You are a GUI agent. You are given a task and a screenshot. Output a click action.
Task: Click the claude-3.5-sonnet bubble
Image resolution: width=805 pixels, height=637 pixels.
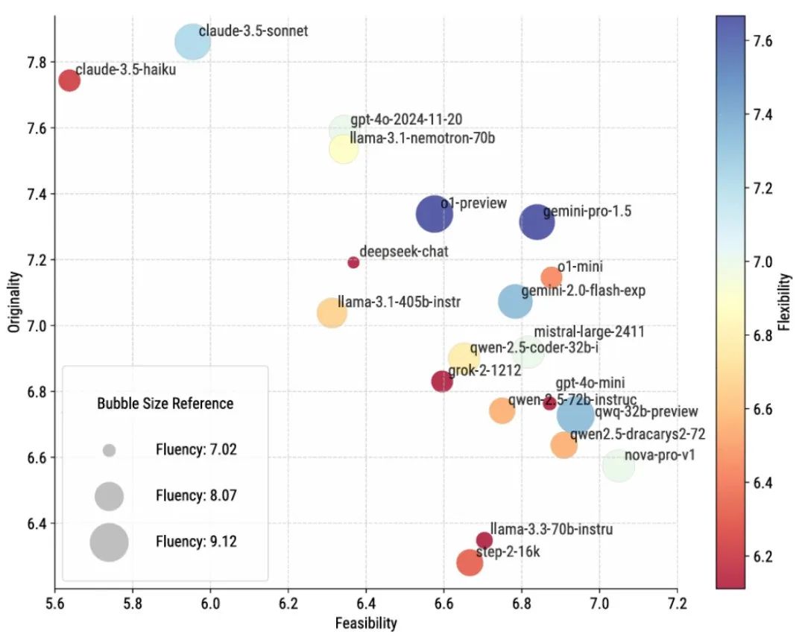pos(192,42)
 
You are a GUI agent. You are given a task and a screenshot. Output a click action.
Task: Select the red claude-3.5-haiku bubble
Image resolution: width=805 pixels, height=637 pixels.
pos(69,80)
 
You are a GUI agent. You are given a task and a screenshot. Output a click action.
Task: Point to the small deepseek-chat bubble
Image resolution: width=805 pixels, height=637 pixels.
pos(353,262)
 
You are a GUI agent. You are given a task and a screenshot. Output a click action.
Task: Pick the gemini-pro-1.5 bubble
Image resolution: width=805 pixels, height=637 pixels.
pos(537,222)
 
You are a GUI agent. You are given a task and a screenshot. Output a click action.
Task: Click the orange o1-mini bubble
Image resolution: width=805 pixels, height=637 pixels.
pos(551,277)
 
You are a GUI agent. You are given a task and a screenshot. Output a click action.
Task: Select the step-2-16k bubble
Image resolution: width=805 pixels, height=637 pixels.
pos(469,562)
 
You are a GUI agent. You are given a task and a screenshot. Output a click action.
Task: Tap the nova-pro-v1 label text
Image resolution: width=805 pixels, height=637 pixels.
pos(660,455)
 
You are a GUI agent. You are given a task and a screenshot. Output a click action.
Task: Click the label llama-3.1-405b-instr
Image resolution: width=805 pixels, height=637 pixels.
pos(399,302)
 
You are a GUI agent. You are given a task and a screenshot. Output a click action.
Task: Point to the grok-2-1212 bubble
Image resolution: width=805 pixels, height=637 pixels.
pos(442,381)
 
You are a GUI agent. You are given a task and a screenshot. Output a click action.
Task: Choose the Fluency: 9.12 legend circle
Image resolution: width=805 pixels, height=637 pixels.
pos(110,542)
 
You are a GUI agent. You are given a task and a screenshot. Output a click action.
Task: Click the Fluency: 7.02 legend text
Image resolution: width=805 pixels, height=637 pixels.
pos(196,449)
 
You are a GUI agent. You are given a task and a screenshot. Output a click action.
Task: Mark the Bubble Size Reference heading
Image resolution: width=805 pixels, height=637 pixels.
pos(165,404)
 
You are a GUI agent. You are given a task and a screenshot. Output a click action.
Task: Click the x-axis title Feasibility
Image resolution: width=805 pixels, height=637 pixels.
pos(365,623)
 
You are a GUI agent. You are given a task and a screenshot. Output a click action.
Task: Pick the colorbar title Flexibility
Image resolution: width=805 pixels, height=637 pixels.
pos(783,301)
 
